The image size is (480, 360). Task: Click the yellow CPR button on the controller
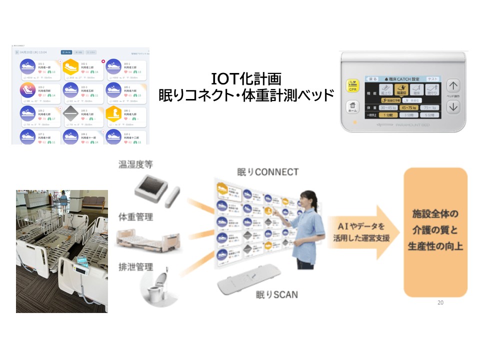tap(353, 86)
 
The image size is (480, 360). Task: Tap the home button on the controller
tap(353, 107)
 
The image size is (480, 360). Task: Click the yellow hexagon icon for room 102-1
tap(71, 66)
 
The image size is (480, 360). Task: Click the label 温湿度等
tap(135, 165)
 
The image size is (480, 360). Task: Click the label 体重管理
tap(135, 217)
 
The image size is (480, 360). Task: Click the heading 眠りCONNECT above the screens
tap(267, 172)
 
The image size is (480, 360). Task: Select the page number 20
tap(440, 302)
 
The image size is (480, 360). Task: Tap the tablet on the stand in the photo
tap(81, 263)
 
